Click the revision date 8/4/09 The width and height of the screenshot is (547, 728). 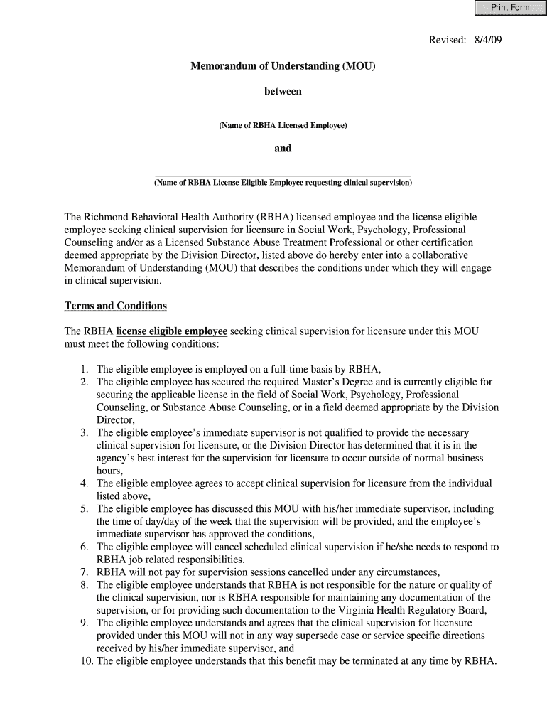pyautogui.click(x=487, y=40)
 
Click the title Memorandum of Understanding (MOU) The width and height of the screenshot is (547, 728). pyautogui.click(x=283, y=66)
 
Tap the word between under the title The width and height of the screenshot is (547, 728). pyautogui.click(x=283, y=92)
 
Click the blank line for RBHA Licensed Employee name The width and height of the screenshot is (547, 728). pyautogui.click(x=283, y=117)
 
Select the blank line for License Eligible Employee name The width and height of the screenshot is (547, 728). pyautogui.click(x=283, y=173)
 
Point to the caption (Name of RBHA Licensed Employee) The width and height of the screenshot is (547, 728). pyautogui.click(x=283, y=126)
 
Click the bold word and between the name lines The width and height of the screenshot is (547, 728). pyautogui.click(x=283, y=149)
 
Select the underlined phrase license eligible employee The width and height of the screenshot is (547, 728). pyautogui.click(x=171, y=331)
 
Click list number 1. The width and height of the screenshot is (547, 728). pyautogui.click(x=84, y=369)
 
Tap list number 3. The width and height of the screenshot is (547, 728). pyautogui.click(x=84, y=433)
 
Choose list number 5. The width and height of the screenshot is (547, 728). pyautogui.click(x=84, y=509)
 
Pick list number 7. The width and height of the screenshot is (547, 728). pyautogui.click(x=84, y=572)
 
